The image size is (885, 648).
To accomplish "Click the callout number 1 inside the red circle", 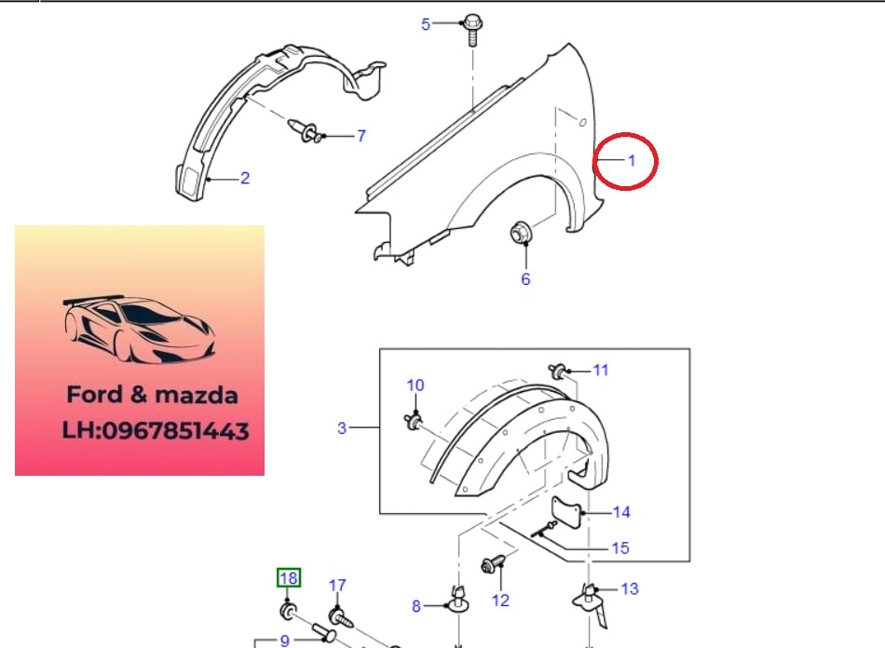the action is pyautogui.click(x=632, y=161).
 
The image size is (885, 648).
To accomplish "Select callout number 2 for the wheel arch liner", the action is pyautogui.click(x=245, y=178).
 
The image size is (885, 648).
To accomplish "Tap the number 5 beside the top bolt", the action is pyautogui.click(x=426, y=24).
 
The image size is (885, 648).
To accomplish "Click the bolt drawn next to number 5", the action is pyautogui.click(x=472, y=29).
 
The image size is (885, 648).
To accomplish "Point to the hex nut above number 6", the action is pyautogui.click(x=520, y=233).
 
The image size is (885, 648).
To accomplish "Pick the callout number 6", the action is pyautogui.click(x=525, y=279).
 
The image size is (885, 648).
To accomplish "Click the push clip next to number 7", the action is pyautogui.click(x=306, y=131).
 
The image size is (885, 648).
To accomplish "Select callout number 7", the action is pyautogui.click(x=361, y=136).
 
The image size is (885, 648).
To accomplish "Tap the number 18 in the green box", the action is pyautogui.click(x=289, y=578).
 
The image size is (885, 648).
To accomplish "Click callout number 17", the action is pyautogui.click(x=337, y=586).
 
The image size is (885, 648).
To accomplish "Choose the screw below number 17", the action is pyautogui.click(x=341, y=617).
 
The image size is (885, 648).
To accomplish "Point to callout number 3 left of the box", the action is pyautogui.click(x=342, y=428).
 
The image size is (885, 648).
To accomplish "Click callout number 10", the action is pyautogui.click(x=415, y=385).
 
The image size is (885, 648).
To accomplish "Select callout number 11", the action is pyautogui.click(x=601, y=370).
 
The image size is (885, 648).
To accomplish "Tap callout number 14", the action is pyautogui.click(x=621, y=512).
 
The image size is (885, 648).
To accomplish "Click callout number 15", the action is pyautogui.click(x=620, y=548).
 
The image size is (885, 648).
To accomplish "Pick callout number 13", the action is pyautogui.click(x=630, y=588).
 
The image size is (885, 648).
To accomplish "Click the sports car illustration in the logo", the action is pyautogui.click(x=139, y=329).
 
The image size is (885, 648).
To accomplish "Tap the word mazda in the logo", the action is pyautogui.click(x=196, y=395).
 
